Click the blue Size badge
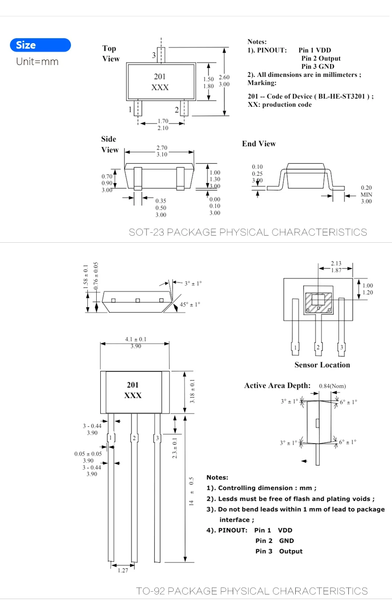(40, 45)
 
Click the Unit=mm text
(37, 62)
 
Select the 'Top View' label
(111, 54)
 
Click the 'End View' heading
(259, 143)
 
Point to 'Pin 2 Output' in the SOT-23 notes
(321, 58)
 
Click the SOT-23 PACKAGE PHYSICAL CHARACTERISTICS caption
(248, 232)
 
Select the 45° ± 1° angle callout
(190, 304)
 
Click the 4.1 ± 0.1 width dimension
(135, 340)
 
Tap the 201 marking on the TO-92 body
(132, 385)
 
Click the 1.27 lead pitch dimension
(123, 570)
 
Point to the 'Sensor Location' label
(322, 365)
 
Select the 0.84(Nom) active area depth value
(332, 386)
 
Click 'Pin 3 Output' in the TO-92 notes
(278, 551)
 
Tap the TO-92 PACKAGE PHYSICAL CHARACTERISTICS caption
(252, 591)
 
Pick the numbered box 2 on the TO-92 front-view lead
(133, 438)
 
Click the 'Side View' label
(110, 144)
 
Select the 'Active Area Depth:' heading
(277, 386)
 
